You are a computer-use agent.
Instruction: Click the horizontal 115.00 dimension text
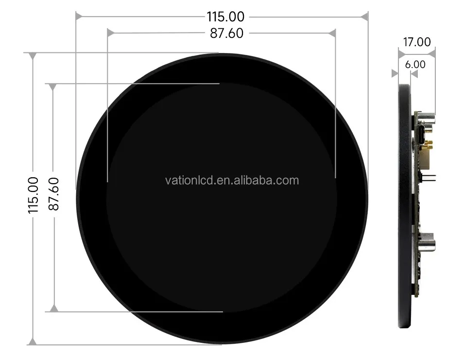pos(225,17)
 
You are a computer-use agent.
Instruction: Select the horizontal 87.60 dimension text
pos(226,33)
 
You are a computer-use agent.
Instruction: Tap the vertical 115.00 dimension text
pos(33,195)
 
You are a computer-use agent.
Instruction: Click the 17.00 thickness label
pos(417,42)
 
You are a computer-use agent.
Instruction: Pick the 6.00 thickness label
pos(414,64)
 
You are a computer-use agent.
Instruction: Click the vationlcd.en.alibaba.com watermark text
pos(232,181)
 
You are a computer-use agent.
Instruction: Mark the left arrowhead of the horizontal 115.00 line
pos(79,17)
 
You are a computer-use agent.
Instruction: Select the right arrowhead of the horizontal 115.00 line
pos(364,17)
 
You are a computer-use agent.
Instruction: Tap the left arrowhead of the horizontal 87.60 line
pos(110,33)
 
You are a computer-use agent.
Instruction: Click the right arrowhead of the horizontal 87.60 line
pos(332,33)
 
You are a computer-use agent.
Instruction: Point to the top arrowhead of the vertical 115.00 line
pos(33,56)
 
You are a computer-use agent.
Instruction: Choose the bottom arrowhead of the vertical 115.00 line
pos(33,342)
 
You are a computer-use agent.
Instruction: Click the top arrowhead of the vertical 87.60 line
pos(53,87)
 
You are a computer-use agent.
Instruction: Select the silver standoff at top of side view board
pos(427,118)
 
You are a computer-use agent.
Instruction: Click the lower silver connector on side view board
pos(426,242)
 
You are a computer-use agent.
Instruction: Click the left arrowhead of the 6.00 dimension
pos(395,73)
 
